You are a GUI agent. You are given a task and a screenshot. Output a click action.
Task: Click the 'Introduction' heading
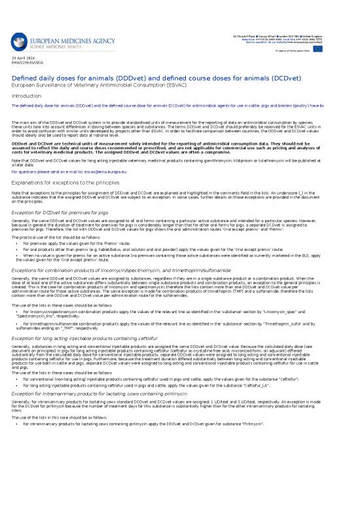click(27, 96)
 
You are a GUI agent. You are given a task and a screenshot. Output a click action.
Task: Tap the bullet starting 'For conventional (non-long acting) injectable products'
click(164, 379)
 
